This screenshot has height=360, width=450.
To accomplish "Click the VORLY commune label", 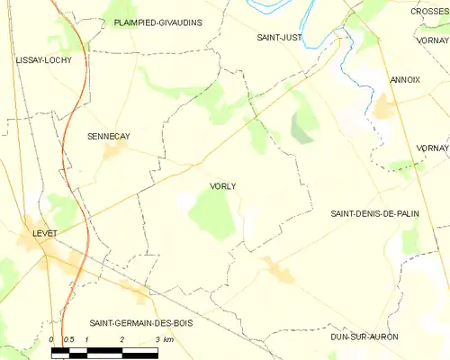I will [x=222, y=186].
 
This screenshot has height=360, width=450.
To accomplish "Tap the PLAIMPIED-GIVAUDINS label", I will [x=158, y=22].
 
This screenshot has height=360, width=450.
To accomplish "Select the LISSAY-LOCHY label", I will [x=43, y=59].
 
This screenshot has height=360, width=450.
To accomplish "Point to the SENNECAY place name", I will [x=108, y=137].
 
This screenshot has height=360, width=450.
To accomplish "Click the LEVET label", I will [x=44, y=233].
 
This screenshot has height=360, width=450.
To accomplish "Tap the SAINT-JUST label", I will [x=279, y=38].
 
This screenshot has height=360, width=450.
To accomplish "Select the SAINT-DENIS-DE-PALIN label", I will [x=377, y=213].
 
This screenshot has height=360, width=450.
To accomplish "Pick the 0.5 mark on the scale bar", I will [x=68, y=339].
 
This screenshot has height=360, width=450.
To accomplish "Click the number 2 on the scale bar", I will [x=121, y=339].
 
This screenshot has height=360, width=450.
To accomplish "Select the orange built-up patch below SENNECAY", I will [x=113, y=151].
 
